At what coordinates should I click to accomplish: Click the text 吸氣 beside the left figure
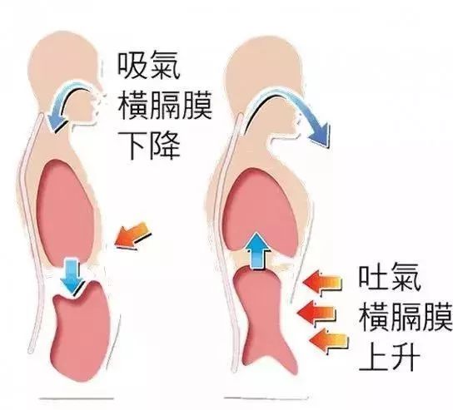(149, 65)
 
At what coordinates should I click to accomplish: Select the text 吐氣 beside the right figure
(390, 278)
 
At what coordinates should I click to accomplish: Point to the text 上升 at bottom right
(390, 357)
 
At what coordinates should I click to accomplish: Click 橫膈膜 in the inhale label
(165, 105)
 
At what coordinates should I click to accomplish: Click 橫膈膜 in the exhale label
(406, 318)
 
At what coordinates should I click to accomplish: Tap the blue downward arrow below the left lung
(72, 276)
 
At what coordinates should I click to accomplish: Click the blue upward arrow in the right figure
(257, 250)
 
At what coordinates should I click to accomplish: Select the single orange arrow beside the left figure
(133, 236)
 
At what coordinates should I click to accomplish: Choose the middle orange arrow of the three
(316, 313)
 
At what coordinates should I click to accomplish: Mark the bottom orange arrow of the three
(329, 340)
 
